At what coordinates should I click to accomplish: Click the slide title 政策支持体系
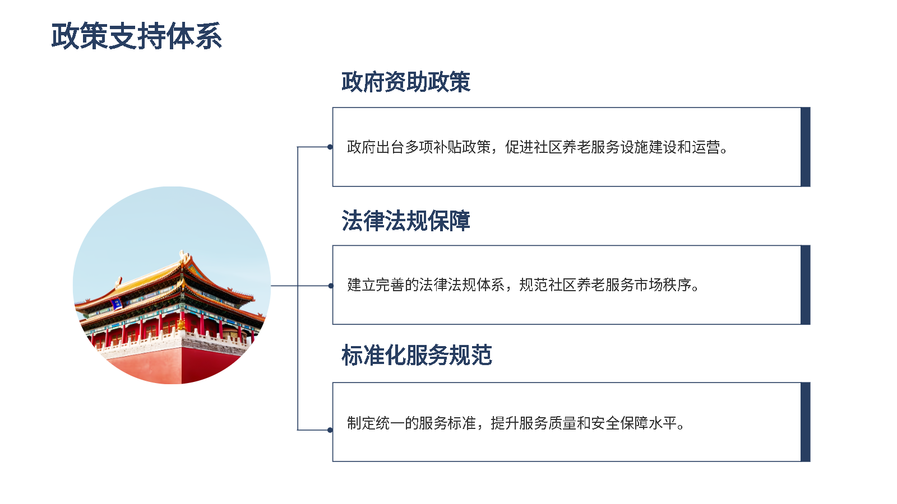coord(137,36)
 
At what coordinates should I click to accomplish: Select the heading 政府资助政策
coord(406,82)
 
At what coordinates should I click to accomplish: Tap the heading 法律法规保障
coord(406,221)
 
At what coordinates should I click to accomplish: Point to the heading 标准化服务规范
coord(417,355)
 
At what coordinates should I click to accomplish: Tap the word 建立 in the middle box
coord(361,285)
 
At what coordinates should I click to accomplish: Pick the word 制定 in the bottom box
coord(361,423)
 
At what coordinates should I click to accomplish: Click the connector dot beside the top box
coord(330,147)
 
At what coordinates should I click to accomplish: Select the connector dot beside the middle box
coord(330,286)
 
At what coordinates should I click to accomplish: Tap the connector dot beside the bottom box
coord(330,430)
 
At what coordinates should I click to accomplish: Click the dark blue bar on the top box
coord(805,147)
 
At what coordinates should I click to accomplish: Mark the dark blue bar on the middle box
coord(805,285)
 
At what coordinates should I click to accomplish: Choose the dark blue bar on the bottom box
coord(805,422)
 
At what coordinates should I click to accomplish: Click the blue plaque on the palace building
coord(117,304)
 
